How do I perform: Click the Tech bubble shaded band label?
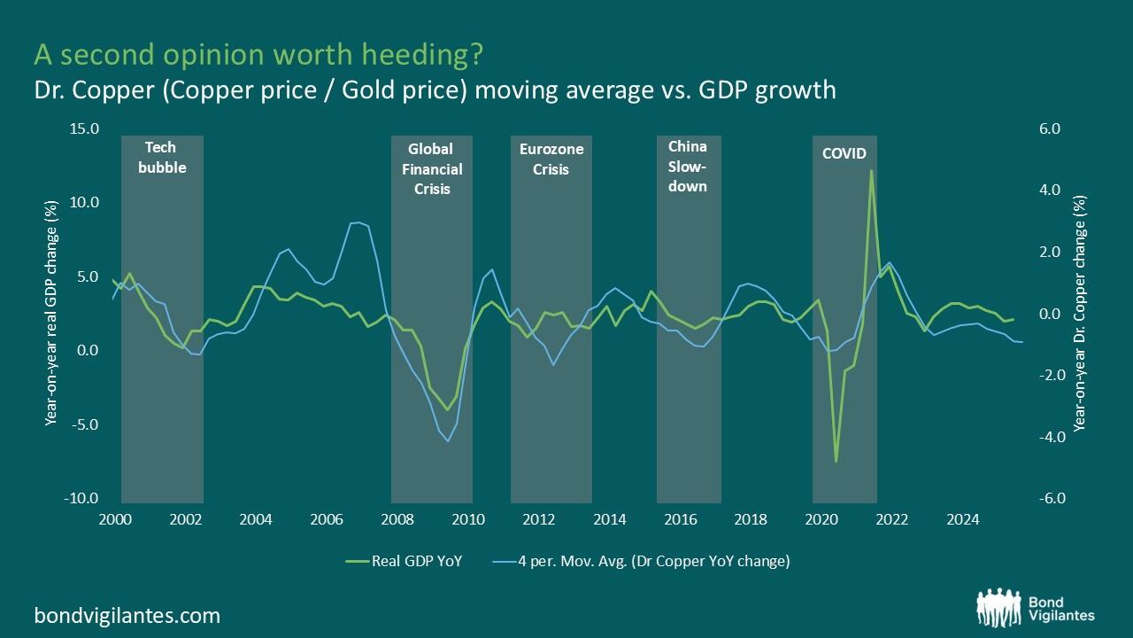162,158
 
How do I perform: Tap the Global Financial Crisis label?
432,168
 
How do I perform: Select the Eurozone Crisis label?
551,159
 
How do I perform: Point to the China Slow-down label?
688,166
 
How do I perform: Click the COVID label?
844,153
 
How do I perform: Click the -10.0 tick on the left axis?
81,499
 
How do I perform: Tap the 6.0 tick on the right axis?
1050,129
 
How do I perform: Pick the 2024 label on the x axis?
963,519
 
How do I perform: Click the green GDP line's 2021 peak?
871,170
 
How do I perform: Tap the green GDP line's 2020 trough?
836,461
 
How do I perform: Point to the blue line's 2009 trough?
449,440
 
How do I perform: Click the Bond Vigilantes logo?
1035,607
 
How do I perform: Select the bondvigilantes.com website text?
127,615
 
